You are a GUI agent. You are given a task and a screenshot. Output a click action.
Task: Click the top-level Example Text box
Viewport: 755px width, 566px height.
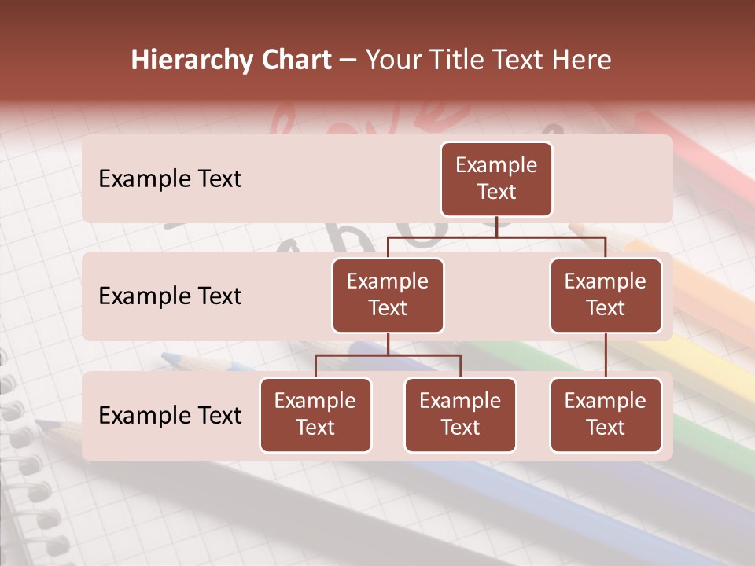tap(496, 178)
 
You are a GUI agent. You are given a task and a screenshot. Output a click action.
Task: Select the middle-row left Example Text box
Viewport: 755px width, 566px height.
tap(388, 295)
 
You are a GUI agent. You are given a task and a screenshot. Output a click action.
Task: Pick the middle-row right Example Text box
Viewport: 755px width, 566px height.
tap(606, 295)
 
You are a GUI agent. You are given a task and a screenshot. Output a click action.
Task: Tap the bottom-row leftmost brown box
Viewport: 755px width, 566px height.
tap(315, 414)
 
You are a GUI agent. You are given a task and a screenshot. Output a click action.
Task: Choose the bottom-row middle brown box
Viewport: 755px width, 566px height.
tap(460, 414)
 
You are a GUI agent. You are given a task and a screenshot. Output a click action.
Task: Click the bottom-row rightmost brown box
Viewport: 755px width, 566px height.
tap(606, 414)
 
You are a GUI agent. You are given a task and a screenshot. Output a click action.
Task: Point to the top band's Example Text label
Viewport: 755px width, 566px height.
tap(170, 179)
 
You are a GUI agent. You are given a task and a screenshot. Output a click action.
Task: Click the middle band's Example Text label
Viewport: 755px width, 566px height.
tap(170, 296)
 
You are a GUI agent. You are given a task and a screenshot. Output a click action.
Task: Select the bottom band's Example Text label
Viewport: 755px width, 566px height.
tap(170, 416)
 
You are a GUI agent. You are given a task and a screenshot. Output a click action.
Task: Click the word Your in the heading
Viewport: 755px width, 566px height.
tap(393, 60)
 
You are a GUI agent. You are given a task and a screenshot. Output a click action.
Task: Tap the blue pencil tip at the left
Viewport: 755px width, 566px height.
tap(170, 358)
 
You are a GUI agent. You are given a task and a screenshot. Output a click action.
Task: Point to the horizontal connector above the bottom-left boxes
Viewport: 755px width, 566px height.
tap(388, 355)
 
